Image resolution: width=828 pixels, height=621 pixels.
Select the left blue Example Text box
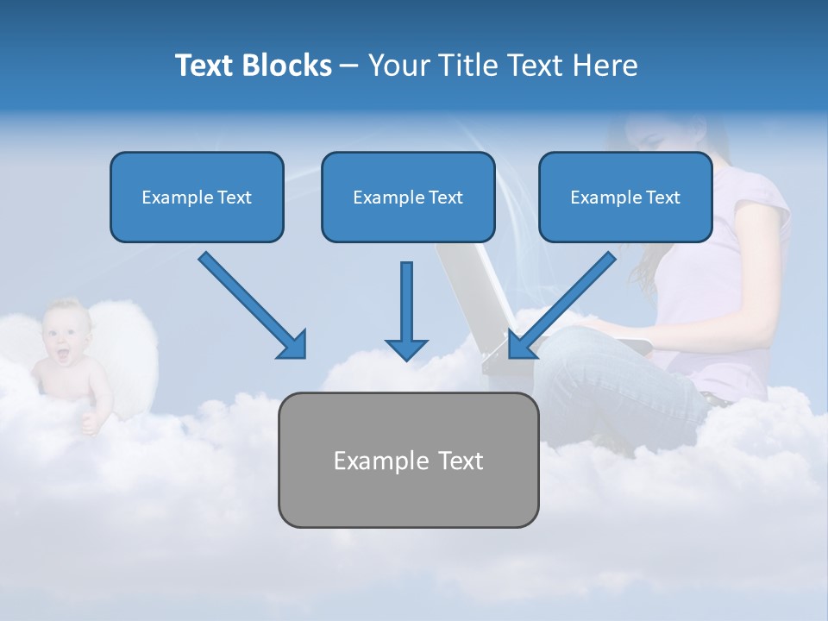(197, 197)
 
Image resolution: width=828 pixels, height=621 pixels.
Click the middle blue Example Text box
(408, 197)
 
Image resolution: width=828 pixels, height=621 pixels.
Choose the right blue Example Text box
(625, 197)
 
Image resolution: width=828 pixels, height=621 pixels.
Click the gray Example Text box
(408, 460)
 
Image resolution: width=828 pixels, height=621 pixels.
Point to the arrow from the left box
(250, 304)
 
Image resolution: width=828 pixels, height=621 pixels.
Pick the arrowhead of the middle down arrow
(406, 348)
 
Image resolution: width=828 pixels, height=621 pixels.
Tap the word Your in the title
(396, 66)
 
